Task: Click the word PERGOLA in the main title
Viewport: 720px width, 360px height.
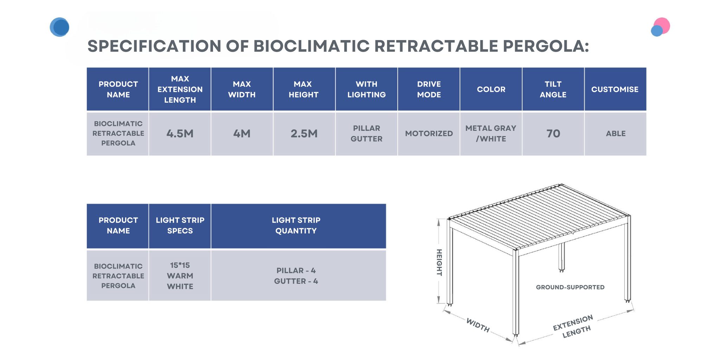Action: [x=546, y=46]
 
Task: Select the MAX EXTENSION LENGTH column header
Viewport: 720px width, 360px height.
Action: [x=180, y=89]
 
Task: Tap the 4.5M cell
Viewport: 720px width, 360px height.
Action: [x=180, y=134]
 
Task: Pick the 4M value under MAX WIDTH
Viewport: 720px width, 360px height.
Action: [x=242, y=134]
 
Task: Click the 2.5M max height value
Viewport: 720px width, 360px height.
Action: [x=304, y=134]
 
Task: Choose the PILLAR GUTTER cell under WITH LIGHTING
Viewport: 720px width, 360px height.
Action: [x=366, y=134]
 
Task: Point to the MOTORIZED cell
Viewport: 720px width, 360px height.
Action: [x=429, y=134]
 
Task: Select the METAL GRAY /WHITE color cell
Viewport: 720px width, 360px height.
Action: [x=491, y=134]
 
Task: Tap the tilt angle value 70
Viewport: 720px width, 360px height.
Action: [x=553, y=134]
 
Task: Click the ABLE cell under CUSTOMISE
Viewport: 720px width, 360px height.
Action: [x=616, y=134]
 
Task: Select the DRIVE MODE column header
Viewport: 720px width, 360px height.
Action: [x=429, y=89]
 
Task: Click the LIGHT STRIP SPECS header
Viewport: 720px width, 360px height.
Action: [x=180, y=225]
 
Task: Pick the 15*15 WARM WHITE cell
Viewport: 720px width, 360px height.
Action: [x=180, y=276]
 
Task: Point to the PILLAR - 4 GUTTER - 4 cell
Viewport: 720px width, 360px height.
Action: [x=296, y=276]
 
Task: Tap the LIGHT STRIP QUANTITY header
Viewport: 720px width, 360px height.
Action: [x=296, y=225]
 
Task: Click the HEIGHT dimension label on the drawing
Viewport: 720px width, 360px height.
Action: [x=439, y=262]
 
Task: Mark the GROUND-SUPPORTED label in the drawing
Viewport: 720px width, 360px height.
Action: [x=570, y=287]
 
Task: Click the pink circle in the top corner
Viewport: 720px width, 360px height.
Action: [x=662, y=26]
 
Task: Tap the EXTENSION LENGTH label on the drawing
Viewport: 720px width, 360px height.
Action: [x=573, y=327]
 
